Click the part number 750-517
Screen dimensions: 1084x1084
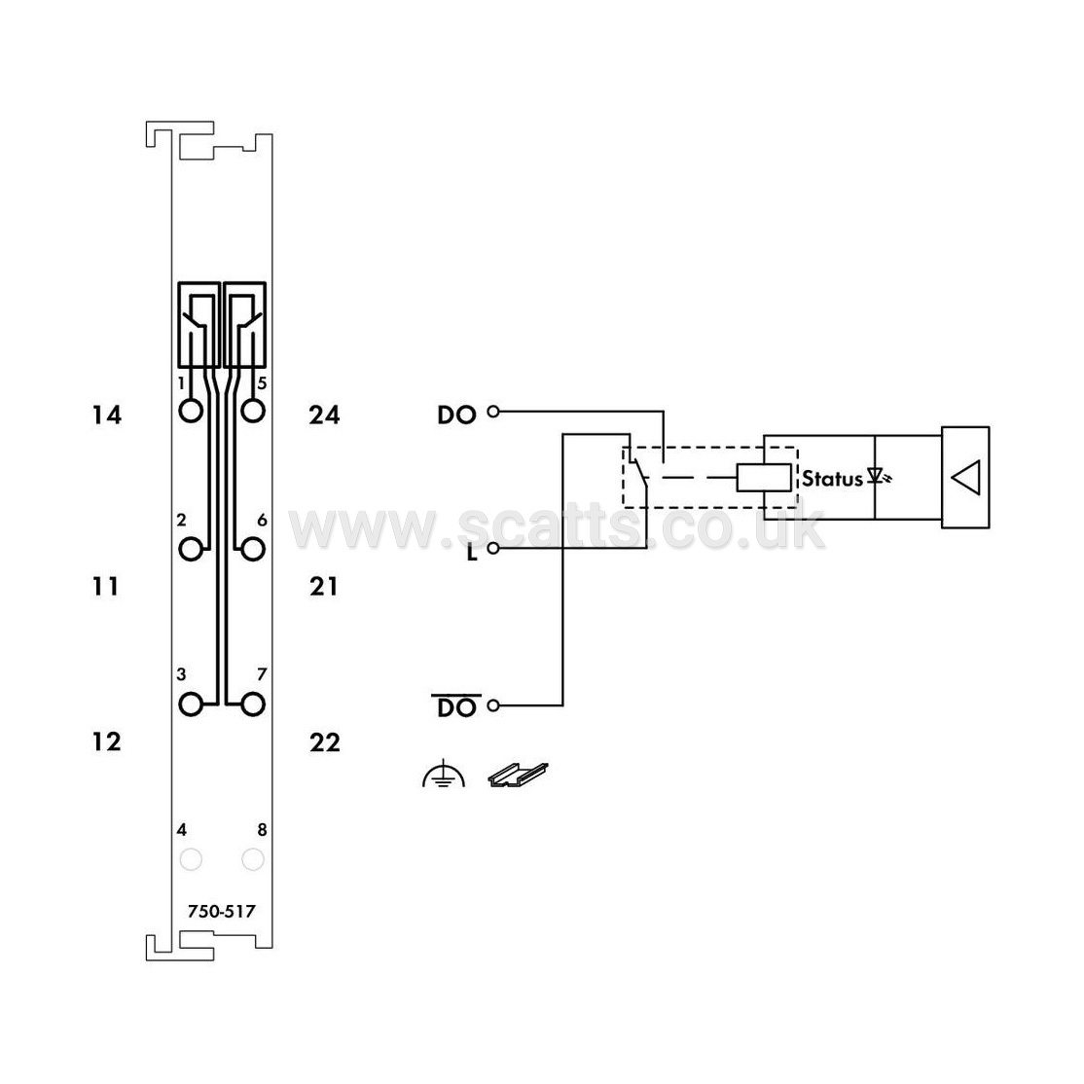[x=221, y=911]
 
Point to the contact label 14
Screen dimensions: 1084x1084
[x=106, y=415]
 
